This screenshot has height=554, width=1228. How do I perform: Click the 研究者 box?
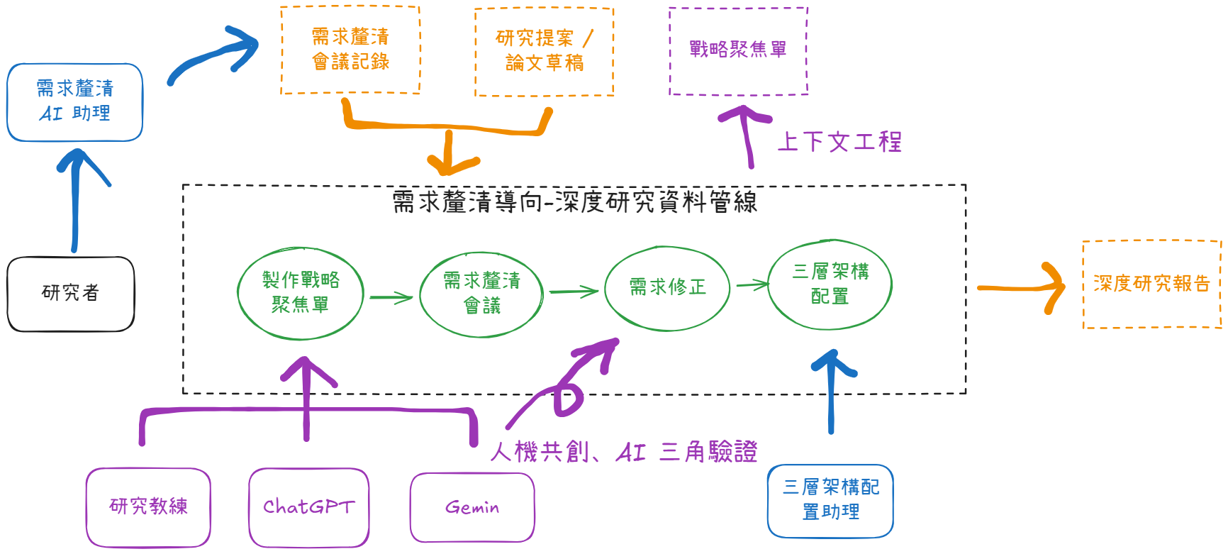70,293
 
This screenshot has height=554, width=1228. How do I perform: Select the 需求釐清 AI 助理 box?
74,101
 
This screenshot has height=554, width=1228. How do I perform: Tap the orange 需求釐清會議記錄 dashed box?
350,50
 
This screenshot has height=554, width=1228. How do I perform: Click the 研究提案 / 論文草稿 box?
544,51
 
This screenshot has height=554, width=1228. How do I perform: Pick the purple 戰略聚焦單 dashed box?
738,50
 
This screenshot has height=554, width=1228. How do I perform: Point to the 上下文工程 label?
839,142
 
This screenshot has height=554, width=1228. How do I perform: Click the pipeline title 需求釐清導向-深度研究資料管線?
574,202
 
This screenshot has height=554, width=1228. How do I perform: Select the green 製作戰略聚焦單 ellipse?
301,292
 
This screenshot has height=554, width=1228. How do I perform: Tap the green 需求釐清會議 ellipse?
481,293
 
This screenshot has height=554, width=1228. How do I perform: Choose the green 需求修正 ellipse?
667,288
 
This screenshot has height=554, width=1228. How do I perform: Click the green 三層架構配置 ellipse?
830,284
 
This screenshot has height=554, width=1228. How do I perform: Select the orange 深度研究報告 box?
1151,284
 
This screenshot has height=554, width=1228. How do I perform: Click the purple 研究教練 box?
148,506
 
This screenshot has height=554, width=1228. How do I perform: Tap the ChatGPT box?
308,506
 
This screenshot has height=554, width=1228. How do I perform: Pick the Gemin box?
472,507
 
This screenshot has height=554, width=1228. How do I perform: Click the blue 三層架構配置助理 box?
830,499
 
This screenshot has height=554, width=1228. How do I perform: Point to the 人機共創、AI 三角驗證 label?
624,452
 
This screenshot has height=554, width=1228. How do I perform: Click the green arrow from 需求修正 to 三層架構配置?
752,285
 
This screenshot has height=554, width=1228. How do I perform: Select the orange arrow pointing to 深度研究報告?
1021,287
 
